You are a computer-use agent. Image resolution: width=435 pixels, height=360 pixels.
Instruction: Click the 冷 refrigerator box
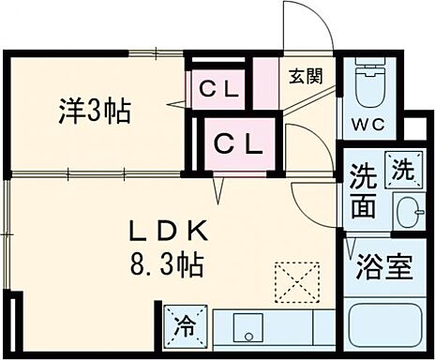pyautogui.click(x=187, y=327)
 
